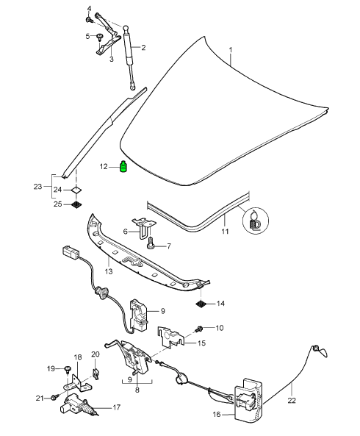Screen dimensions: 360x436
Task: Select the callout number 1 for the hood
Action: click(x=231, y=50)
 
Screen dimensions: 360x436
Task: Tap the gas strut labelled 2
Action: click(x=129, y=57)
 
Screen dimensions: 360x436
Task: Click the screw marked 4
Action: click(x=89, y=20)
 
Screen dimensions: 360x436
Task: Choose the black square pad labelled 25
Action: click(x=76, y=204)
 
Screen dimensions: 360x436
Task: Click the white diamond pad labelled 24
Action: click(x=76, y=190)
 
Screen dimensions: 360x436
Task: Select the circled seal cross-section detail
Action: click(x=256, y=221)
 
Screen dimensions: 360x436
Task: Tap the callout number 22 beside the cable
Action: click(x=292, y=400)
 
